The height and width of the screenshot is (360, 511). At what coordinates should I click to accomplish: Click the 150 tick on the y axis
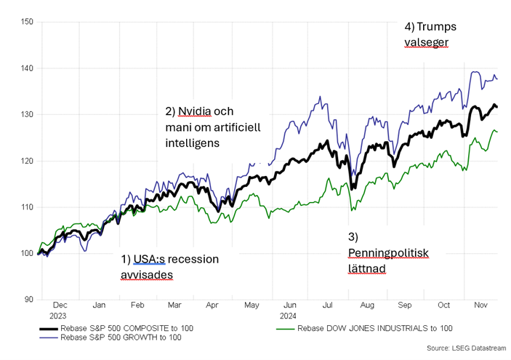pyautogui.click(x=27, y=22)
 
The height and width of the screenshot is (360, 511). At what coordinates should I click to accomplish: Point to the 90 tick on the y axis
pyautogui.click(x=29, y=300)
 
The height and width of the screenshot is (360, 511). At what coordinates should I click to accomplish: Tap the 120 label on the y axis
pyautogui.click(x=27, y=161)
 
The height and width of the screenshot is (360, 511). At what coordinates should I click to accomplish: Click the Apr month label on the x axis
pyautogui.click(x=212, y=307)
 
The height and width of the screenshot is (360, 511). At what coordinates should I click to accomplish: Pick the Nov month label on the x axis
pyautogui.click(x=480, y=307)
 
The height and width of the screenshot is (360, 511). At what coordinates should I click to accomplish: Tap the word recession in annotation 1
pyautogui.click(x=193, y=259)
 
